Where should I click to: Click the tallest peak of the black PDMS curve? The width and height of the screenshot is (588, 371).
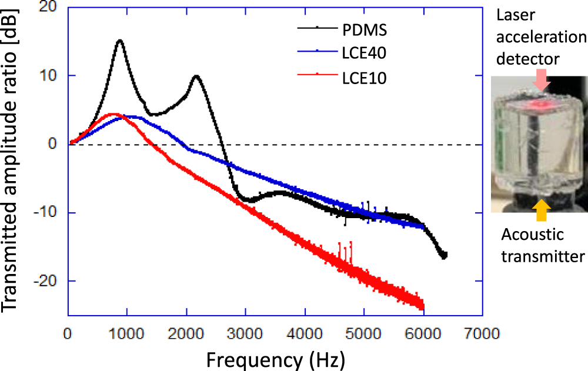tap(120, 41)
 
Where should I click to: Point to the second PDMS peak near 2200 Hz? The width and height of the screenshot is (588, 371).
tap(196, 76)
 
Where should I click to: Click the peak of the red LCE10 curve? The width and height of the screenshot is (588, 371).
tap(113, 114)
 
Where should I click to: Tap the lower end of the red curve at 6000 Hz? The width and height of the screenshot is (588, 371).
tap(422, 306)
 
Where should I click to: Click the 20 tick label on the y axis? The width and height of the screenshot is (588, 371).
tap(50, 8)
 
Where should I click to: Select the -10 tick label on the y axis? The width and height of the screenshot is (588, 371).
tap(47, 212)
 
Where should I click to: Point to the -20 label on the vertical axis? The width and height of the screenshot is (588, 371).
tap(47, 281)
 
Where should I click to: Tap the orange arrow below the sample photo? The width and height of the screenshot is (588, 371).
tap(541, 211)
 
